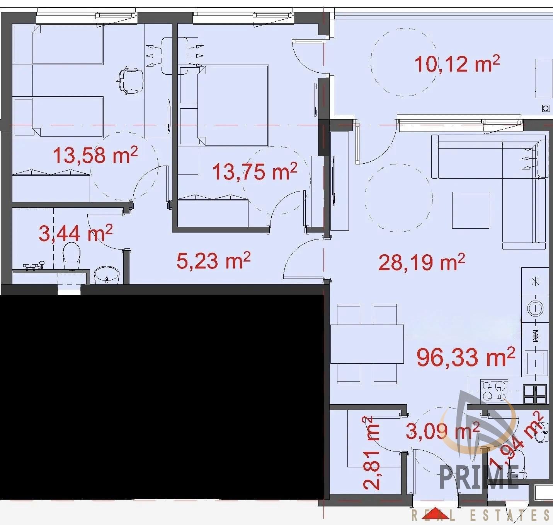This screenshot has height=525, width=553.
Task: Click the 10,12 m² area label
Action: [457, 64]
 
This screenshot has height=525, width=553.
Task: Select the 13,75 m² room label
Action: [255, 171]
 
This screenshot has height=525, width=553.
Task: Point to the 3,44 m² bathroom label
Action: [75, 233]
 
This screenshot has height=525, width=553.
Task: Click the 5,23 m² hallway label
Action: [213, 260]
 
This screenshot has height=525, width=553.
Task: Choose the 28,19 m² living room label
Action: [422, 262]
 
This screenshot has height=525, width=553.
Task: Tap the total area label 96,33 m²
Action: [466, 357]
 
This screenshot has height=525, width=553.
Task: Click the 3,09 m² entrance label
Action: [442, 430]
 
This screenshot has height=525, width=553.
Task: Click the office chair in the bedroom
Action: [130, 80]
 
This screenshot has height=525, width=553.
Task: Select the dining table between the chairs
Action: [367, 344]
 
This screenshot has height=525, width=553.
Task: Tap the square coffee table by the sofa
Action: [471, 210]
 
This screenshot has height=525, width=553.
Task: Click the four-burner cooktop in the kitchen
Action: [494, 390]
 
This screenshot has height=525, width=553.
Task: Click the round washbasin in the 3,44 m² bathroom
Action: [107, 275]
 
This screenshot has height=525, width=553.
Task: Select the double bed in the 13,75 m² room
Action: [233, 106]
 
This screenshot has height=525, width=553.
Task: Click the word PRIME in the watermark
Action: [479, 477]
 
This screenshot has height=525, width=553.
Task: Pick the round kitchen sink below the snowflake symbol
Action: [535, 308]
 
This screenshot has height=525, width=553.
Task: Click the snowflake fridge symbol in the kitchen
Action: [535, 281]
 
